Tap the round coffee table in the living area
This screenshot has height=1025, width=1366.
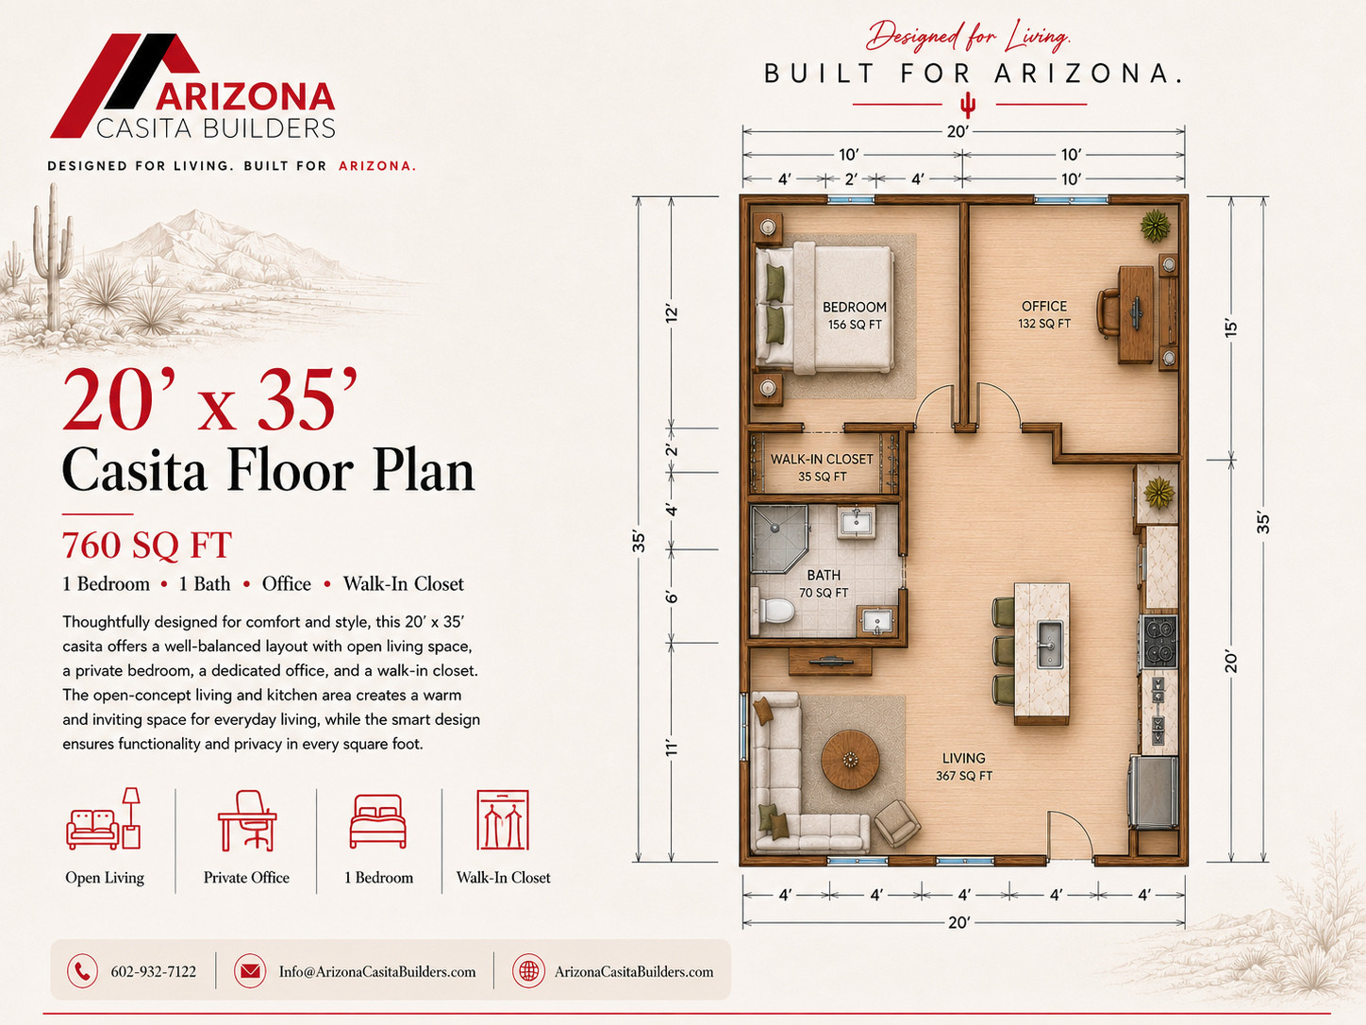850,760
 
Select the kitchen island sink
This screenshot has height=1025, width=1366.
1049,643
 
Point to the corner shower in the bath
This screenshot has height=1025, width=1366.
778,539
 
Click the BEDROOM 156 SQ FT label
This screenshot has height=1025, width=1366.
855,315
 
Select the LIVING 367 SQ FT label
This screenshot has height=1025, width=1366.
964,766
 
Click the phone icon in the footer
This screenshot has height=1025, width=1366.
82,971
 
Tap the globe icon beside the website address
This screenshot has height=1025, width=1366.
528,971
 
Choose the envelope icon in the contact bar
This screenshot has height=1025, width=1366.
250,971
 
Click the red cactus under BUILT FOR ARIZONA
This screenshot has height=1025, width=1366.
968,105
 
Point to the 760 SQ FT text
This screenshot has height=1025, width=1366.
147,546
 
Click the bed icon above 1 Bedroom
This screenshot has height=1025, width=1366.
377,821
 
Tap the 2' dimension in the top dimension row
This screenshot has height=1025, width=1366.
851,179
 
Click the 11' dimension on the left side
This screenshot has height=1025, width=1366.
671,748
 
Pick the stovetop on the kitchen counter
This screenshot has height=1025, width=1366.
1158,641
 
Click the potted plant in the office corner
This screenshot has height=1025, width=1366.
1156,226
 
